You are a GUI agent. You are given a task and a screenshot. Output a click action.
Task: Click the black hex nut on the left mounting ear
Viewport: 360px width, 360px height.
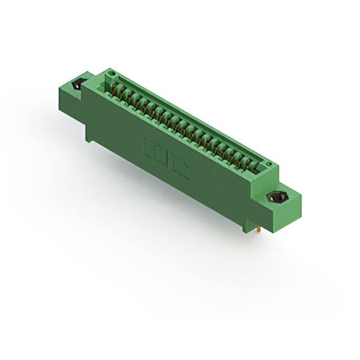click(76, 85)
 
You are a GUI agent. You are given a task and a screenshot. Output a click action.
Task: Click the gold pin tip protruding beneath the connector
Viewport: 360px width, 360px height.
click(257, 229)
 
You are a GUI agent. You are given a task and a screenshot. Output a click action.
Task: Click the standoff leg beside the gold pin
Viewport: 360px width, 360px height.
click(246, 227)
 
